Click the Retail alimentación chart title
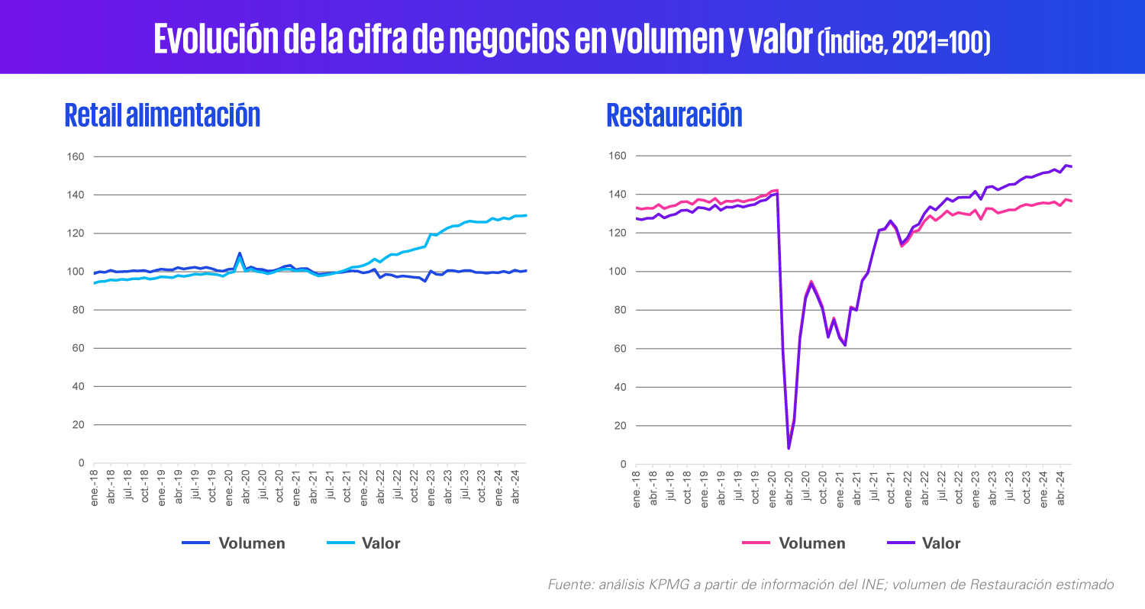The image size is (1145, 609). [x=163, y=115]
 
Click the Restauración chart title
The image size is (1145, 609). [x=674, y=115]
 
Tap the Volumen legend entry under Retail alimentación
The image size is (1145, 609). [x=234, y=543]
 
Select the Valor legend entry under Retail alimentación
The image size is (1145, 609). [x=363, y=543]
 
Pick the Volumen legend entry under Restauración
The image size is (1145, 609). [x=794, y=543]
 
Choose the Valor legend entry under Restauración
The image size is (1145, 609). [x=924, y=543]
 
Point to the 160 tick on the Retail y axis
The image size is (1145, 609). [x=76, y=157]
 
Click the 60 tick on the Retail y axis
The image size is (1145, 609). [x=78, y=349]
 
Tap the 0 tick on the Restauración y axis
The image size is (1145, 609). [x=623, y=465]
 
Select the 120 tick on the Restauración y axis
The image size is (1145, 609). [x=617, y=233]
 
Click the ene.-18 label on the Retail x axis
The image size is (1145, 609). [x=95, y=488]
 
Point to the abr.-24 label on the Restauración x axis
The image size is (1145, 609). [x=1061, y=488]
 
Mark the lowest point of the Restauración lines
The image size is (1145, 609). [x=789, y=449]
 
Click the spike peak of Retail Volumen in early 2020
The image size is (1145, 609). [x=240, y=253]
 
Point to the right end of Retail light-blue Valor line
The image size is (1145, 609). [x=526, y=216]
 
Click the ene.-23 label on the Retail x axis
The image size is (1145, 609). [x=431, y=488]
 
